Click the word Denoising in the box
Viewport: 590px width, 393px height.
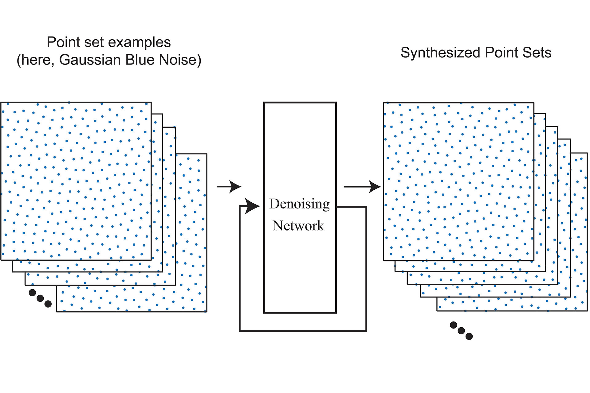(299, 204)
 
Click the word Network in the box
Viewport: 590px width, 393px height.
(298, 226)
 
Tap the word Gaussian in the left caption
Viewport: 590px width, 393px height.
(90, 60)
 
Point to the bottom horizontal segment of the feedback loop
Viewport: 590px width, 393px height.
(303, 331)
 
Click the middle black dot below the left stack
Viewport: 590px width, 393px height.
(40, 298)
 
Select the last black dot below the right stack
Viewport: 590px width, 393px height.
(469, 337)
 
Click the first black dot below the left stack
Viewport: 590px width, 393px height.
(32, 292)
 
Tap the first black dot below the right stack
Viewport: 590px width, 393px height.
(453, 325)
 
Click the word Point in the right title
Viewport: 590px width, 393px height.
(498, 53)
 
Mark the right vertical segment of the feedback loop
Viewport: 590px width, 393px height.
(366, 269)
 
